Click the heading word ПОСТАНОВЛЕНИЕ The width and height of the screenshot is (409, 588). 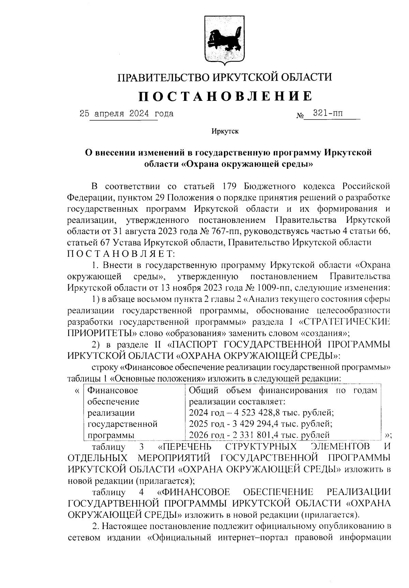pos(225,96)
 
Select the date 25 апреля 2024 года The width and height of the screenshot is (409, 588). pos(126,114)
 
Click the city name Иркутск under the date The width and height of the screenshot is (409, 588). pos(225,131)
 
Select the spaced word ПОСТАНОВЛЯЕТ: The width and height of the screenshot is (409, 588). pos(121,254)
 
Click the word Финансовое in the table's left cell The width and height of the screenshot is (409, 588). pos(113,390)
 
